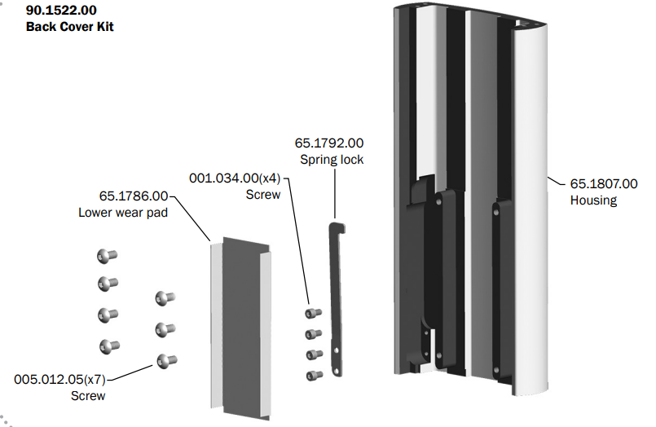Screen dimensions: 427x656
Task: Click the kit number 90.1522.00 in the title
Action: click(61, 11)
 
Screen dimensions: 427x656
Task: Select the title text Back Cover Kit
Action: click(69, 27)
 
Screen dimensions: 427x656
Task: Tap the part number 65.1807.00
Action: click(603, 184)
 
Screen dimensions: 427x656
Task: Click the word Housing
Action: click(593, 200)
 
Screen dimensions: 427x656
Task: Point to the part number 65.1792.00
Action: click(329, 143)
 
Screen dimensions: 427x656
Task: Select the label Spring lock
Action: click(332, 160)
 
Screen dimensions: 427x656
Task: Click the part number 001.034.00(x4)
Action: click(235, 178)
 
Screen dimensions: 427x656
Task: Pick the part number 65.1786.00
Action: click(134, 196)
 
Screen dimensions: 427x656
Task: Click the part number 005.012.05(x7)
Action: click(60, 379)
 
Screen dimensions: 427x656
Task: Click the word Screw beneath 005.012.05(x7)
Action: click(88, 396)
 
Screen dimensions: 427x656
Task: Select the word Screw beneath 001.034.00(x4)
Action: click(262, 195)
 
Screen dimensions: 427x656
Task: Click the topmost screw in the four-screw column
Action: click(312, 313)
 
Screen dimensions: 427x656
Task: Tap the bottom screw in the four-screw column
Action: click(312, 375)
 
